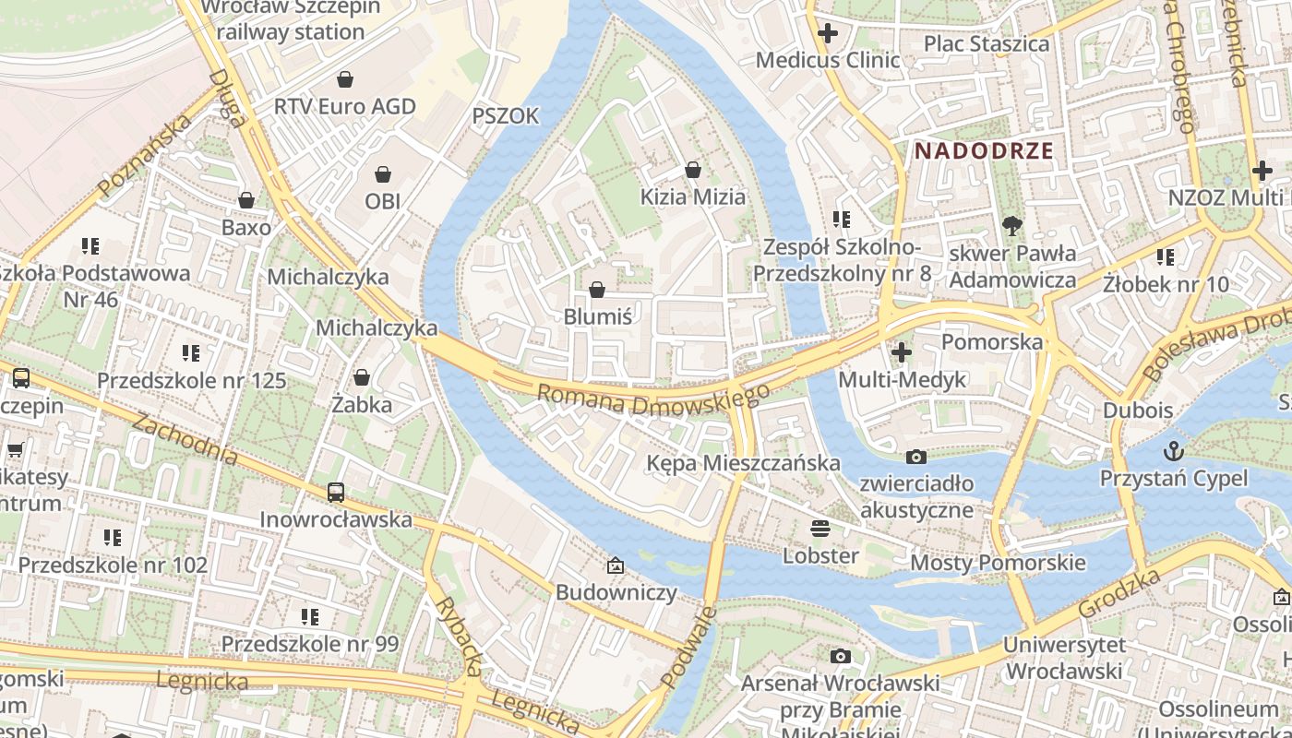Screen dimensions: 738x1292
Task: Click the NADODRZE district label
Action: (984, 151)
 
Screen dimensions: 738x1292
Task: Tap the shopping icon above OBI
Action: (383, 174)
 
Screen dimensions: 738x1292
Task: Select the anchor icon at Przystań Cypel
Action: (1174, 451)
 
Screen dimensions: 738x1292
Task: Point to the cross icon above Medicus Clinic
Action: (828, 34)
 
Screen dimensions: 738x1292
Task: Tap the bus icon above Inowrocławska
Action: (336, 493)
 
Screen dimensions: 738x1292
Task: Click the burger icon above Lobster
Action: (820, 529)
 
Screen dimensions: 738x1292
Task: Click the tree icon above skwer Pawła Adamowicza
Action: (1012, 225)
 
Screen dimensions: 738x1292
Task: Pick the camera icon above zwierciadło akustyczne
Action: (916, 457)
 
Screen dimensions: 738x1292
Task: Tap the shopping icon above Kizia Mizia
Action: (693, 170)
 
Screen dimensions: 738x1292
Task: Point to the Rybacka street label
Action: (459, 636)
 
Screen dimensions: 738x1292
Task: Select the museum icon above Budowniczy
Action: (616, 565)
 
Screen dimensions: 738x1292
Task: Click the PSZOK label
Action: (505, 115)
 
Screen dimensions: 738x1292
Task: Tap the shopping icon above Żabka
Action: (362, 377)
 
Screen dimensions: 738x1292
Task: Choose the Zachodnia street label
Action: (185, 438)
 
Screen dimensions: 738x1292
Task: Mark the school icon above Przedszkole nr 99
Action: (309, 616)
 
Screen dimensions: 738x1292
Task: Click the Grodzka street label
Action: (1119, 596)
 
